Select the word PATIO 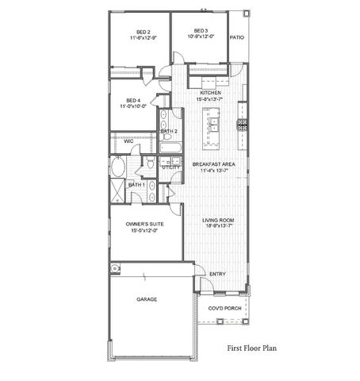[236, 37]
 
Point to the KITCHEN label [209, 93]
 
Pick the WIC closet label [117, 141]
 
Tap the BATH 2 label [168, 131]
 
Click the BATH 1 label [136, 185]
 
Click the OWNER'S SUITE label [144, 225]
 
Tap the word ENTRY [216, 275]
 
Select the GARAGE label [146, 299]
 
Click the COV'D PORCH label [224, 308]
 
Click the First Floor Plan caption [251, 347]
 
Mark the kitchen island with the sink [213, 127]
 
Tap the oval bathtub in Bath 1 [118, 167]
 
